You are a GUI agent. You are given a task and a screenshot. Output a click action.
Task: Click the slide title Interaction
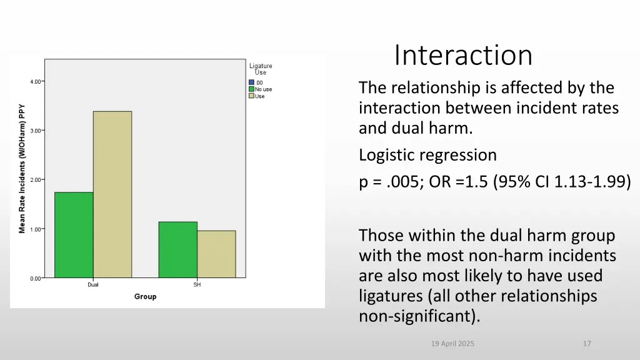[463, 55]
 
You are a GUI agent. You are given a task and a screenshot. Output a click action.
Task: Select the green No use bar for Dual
[74, 234]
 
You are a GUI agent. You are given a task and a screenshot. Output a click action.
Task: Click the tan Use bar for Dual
[112, 194]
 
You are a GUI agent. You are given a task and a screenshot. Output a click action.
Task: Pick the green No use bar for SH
[177, 249]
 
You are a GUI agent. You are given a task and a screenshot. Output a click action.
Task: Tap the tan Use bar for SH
[216, 254]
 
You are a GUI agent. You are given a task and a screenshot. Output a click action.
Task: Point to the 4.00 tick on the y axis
[36, 81]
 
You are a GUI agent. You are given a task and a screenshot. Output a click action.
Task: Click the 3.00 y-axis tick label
[36, 131]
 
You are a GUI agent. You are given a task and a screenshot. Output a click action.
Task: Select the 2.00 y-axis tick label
[36, 179]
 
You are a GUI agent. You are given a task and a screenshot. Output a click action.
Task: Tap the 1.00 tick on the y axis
[36, 229]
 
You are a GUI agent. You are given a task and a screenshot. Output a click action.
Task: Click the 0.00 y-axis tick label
[36, 278]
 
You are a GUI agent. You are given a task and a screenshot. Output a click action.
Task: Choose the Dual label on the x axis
[92, 285]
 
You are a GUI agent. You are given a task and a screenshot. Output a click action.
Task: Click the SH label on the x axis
[197, 285]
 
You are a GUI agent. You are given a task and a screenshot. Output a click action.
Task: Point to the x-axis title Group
[145, 296]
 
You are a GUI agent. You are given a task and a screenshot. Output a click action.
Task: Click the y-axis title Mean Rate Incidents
[22, 168]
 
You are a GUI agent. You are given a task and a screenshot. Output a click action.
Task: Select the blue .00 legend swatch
[251, 82]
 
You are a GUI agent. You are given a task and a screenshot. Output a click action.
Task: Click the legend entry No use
[263, 89]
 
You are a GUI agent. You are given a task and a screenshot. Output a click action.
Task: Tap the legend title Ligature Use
[261, 69]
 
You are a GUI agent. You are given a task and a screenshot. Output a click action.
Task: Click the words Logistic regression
[427, 155]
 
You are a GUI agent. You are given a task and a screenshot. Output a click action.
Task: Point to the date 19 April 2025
[453, 344]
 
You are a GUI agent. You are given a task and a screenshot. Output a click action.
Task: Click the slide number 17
[586, 344]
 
